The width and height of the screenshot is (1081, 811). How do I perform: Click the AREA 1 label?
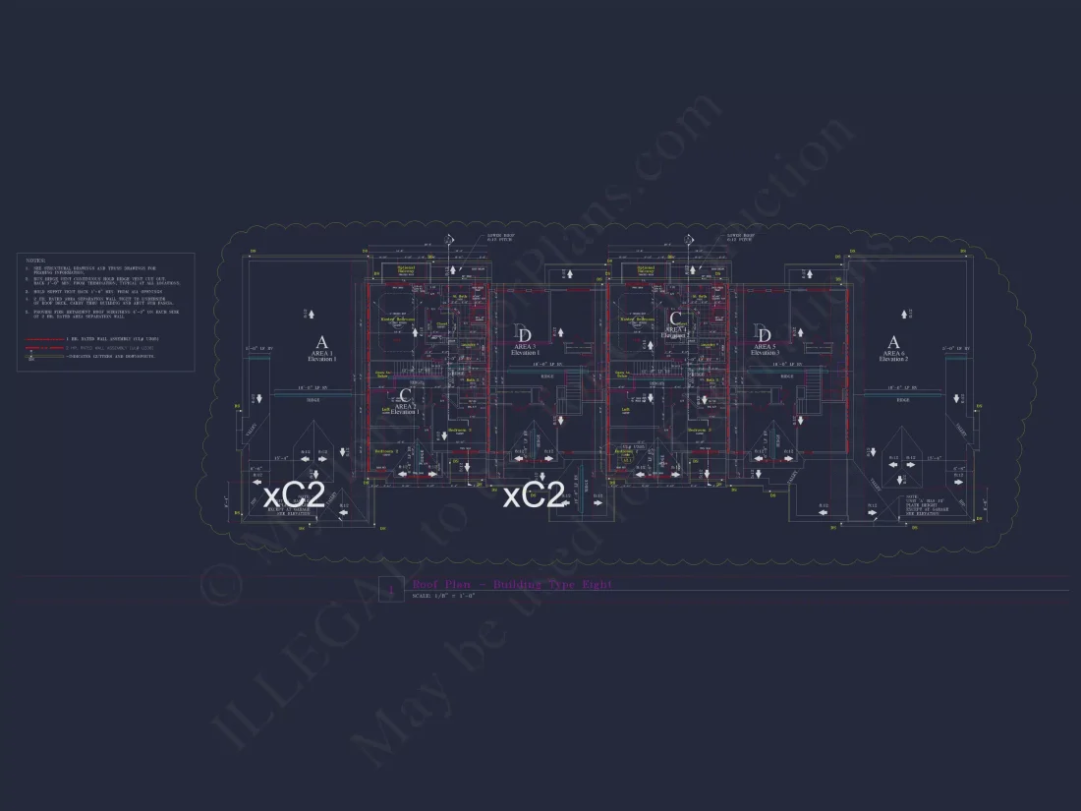click(x=321, y=354)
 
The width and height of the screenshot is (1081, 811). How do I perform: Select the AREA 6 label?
click(x=893, y=354)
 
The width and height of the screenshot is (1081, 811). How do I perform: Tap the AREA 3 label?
click(x=526, y=346)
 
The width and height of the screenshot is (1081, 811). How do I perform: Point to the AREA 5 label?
click(x=765, y=346)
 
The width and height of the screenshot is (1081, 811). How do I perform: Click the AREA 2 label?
click(x=405, y=406)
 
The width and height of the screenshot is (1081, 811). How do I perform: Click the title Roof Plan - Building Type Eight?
click(x=512, y=585)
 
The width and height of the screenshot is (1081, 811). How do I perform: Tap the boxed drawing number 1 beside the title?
click(x=391, y=590)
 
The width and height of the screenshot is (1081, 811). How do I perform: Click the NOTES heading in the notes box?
click(x=34, y=261)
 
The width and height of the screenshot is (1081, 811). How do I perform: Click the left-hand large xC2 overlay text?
click(x=294, y=494)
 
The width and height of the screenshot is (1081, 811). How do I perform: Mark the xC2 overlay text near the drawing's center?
click(x=534, y=496)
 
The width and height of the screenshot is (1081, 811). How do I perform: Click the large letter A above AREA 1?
click(x=321, y=342)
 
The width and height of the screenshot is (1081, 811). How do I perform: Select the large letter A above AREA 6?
click(x=893, y=342)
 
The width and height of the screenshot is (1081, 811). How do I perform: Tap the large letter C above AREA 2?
click(x=405, y=395)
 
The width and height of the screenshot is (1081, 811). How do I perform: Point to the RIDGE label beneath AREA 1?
click(x=313, y=400)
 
